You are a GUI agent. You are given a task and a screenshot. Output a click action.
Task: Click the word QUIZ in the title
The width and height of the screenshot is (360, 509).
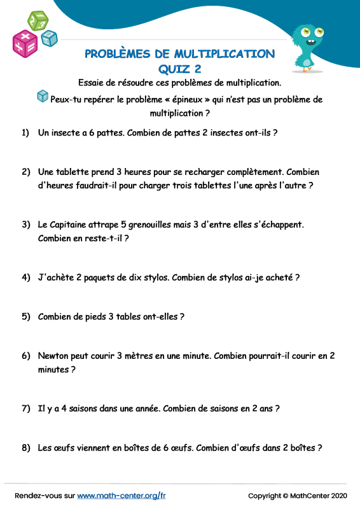(174, 69)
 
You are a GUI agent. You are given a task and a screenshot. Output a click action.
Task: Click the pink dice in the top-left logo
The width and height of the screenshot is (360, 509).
(25, 43)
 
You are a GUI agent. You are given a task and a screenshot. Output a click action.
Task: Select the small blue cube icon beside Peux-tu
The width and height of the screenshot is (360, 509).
(43, 96)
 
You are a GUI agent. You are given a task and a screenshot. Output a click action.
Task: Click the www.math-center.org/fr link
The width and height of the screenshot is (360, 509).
(121, 496)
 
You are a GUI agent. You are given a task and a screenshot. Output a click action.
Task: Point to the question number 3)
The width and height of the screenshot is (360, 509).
(26, 225)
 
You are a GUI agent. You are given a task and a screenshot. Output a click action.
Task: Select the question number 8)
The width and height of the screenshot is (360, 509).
(26, 447)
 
